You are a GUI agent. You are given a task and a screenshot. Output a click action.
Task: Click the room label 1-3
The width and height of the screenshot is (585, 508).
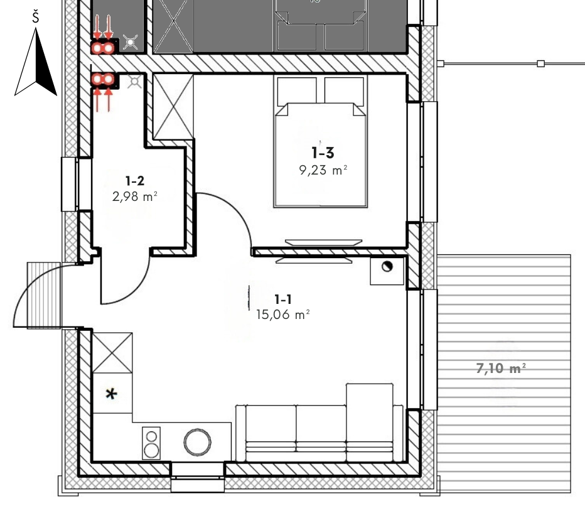coord(323,153)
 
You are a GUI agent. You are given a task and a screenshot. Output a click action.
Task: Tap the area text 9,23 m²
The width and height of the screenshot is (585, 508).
coord(323,170)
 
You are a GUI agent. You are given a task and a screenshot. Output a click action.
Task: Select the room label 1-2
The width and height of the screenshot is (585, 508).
coord(135,181)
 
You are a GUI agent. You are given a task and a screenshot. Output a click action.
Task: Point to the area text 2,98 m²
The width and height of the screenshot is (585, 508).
coord(135,197)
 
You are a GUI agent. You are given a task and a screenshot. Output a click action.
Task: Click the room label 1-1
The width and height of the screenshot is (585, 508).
coord(283,300)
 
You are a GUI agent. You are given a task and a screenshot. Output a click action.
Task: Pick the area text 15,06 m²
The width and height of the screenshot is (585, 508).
coord(283,315)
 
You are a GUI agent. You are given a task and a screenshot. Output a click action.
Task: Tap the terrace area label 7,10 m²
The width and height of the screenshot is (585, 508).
coord(501,369)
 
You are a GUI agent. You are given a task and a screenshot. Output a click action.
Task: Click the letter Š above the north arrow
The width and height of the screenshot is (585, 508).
coord(35,17)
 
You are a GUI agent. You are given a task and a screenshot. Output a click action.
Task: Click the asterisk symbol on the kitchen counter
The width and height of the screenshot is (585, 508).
coord(111,394)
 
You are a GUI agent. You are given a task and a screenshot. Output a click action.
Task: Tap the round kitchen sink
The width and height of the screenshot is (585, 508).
coord(197,442)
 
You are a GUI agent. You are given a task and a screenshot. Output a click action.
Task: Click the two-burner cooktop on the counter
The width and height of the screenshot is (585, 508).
coord(151,443)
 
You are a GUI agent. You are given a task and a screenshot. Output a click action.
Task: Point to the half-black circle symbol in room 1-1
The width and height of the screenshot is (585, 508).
coord(387,267)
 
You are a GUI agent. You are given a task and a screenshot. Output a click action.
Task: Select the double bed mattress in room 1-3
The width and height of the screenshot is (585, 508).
coord(321,155)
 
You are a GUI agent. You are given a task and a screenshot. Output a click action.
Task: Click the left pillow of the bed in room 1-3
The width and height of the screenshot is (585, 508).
coord(297,90)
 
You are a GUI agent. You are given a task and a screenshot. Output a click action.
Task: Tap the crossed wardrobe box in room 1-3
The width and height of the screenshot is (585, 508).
coord(173,107)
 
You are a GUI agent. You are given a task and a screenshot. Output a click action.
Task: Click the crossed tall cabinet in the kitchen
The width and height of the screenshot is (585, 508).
coord(112,353)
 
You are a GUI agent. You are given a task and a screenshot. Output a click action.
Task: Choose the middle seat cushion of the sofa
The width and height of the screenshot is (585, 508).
coord(321,433)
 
